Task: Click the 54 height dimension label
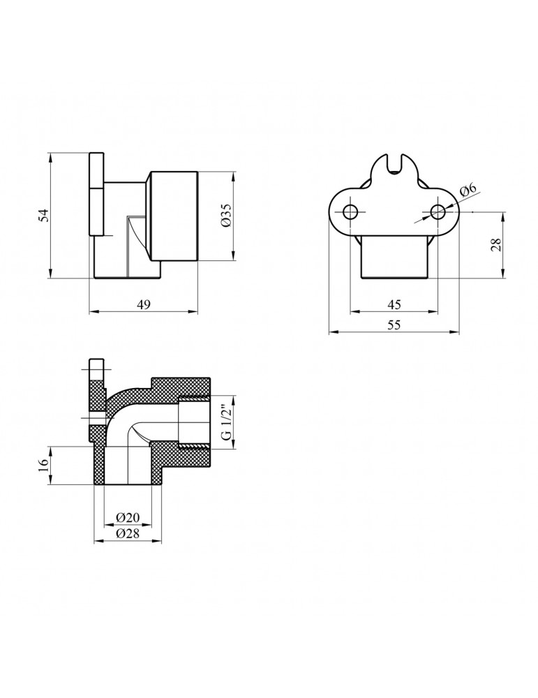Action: pyautogui.click(x=42, y=215)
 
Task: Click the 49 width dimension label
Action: pyautogui.click(x=143, y=305)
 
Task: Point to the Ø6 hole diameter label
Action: pyautogui.click(x=468, y=190)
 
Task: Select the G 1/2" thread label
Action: pyautogui.click(x=225, y=422)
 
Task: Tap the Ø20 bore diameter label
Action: pyautogui.click(x=128, y=518)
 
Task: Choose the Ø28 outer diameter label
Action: pyautogui.click(x=128, y=534)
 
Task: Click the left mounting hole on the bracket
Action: pyautogui.click(x=350, y=211)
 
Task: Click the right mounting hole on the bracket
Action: pyautogui.click(x=438, y=211)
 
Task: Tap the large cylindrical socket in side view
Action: pyautogui.click(x=174, y=216)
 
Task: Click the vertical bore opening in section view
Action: pyautogui.click(x=128, y=468)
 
